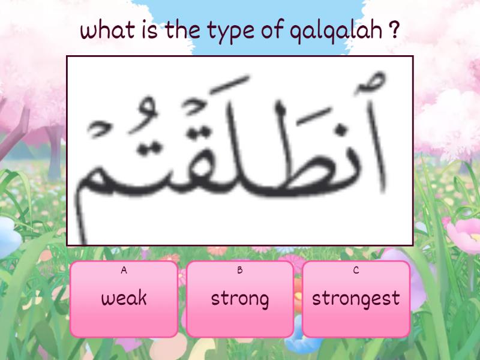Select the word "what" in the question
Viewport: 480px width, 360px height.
point(107,29)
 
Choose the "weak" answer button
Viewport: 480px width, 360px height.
point(124,299)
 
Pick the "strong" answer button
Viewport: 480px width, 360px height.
point(240,299)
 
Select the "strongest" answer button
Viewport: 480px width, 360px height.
point(356,299)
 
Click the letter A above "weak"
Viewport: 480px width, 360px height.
point(124,270)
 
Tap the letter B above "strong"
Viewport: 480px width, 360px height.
point(240,270)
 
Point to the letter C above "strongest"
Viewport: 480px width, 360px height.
point(356,270)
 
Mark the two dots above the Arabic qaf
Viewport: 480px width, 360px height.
point(196,133)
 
